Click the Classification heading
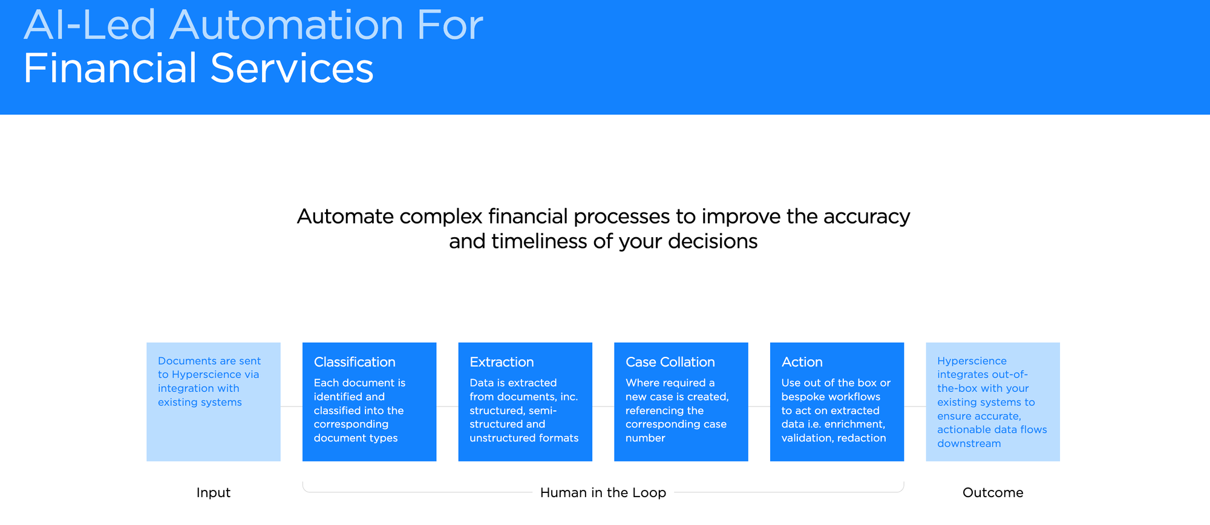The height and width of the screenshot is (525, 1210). click(355, 362)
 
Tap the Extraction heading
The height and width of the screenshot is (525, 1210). click(502, 362)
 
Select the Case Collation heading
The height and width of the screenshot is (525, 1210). click(670, 362)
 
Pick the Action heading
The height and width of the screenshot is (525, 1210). click(802, 362)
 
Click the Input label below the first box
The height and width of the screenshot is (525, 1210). click(213, 493)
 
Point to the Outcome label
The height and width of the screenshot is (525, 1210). click(992, 493)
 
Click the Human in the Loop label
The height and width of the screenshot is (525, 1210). click(603, 493)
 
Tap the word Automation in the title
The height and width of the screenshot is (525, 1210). click(286, 25)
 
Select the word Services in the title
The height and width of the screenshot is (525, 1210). click(292, 68)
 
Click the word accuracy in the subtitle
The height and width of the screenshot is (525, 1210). click(866, 217)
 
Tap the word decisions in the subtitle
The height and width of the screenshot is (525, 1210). click(712, 241)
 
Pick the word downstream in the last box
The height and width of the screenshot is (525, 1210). click(969, 443)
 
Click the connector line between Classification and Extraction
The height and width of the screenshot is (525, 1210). click(447, 406)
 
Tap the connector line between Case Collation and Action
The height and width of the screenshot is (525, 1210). click(759, 406)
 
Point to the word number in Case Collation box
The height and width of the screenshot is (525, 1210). click(645, 438)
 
